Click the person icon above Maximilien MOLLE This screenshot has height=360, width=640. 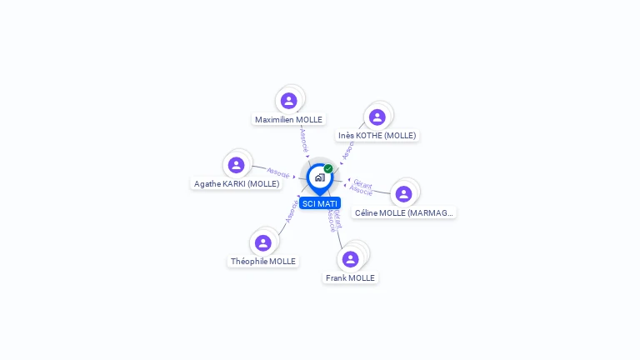pyautogui.click(x=289, y=101)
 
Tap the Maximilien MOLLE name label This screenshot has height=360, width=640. pyautogui.click(x=288, y=119)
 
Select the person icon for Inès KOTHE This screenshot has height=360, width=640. pyautogui.click(x=377, y=117)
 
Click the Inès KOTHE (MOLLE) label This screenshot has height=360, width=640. pyautogui.click(x=377, y=135)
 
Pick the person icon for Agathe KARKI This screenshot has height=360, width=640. pyautogui.click(x=236, y=165)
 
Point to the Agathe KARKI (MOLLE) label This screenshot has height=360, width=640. pyautogui.click(x=237, y=183)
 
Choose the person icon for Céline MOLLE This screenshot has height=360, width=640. pyautogui.click(x=404, y=194)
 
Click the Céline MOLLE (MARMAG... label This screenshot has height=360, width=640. pyautogui.click(x=404, y=212)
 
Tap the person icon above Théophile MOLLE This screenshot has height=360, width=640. pyautogui.click(x=263, y=242)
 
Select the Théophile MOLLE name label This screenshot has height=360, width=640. pyautogui.click(x=263, y=261)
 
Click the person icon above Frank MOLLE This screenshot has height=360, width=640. pyautogui.click(x=351, y=259)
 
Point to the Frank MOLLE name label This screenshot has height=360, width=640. pyautogui.click(x=351, y=277)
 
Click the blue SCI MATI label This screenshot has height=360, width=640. pyautogui.click(x=320, y=203)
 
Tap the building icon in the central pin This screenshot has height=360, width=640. pyautogui.click(x=319, y=177)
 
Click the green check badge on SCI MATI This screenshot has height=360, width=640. pyautogui.click(x=328, y=168)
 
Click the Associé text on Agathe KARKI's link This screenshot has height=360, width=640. pyautogui.click(x=278, y=173)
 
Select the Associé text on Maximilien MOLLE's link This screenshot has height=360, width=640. pyautogui.click(x=303, y=139)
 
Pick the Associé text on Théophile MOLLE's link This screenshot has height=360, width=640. pyautogui.click(x=292, y=210)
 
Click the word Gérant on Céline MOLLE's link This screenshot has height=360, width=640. pyautogui.click(x=362, y=182)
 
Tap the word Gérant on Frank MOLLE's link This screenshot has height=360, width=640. pyautogui.click(x=337, y=218)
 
